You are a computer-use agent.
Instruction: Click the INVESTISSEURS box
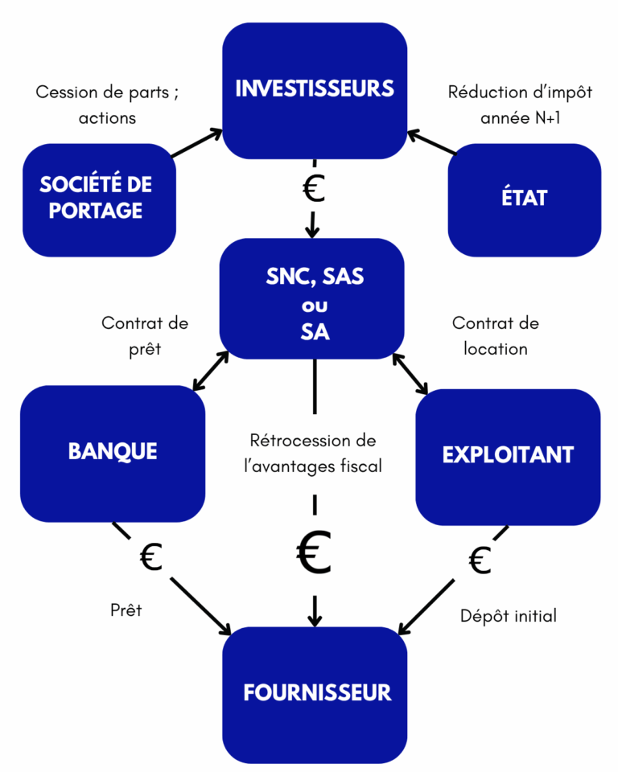point(314,89)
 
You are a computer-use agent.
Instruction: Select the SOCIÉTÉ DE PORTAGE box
point(99,199)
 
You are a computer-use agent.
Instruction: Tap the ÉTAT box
point(524,199)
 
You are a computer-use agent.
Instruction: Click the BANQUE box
point(112,452)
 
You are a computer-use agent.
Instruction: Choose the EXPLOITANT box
point(507,455)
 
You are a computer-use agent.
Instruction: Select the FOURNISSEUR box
point(315,693)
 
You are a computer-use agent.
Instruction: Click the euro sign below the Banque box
point(151,556)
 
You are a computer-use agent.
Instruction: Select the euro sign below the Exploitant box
point(480,561)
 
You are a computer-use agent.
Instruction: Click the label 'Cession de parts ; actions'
point(107,105)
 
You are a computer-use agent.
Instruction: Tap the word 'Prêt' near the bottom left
point(126,610)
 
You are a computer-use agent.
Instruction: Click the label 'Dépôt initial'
point(508,616)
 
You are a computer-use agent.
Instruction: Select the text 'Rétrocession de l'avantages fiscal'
point(313,454)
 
